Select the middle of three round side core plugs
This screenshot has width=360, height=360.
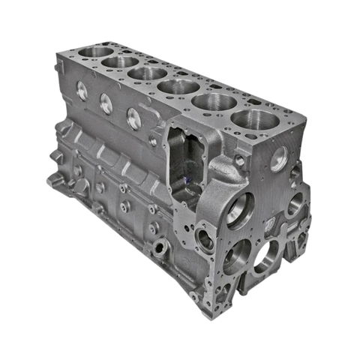click(106, 104)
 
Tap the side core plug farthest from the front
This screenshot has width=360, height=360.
click(82, 92)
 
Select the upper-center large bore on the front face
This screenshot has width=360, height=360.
click(241, 210)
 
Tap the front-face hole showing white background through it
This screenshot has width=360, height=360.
click(265, 257)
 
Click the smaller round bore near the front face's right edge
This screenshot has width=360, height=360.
click(293, 203)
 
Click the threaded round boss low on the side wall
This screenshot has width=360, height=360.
click(160, 245)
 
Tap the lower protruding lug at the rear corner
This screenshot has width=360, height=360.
click(55, 180)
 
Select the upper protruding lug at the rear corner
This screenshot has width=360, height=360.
click(57, 157)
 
